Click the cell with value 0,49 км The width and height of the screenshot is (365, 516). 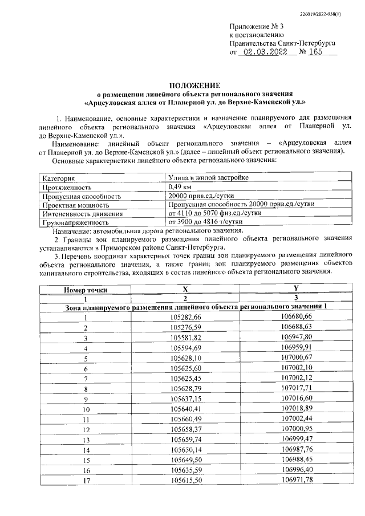click(180, 187)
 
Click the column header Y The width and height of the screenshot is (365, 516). click(296, 289)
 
